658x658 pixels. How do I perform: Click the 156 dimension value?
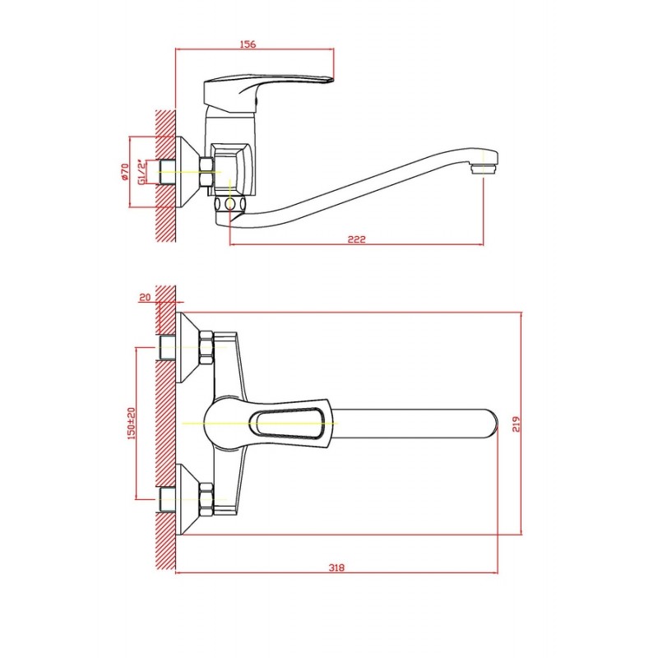point(248,44)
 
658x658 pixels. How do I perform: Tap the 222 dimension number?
point(356,239)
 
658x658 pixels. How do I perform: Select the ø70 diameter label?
point(125,172)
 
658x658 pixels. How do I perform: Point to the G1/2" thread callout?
point(142,172)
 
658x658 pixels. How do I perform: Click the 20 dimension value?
point(145,297)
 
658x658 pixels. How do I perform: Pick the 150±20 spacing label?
point(132,423)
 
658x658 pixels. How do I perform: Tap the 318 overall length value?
point(336,568)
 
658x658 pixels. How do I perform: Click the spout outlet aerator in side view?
point(484,169)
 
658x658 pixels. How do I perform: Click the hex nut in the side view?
point(206,171)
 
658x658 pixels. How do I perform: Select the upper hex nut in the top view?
point(206,347)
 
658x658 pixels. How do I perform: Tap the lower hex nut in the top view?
point(206,499)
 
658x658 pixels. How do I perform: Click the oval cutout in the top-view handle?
point(286,424)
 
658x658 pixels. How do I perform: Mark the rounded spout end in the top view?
point(492,424)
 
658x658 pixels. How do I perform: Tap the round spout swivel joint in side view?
point(230,204)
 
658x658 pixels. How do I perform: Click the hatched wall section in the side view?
point(166,175)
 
